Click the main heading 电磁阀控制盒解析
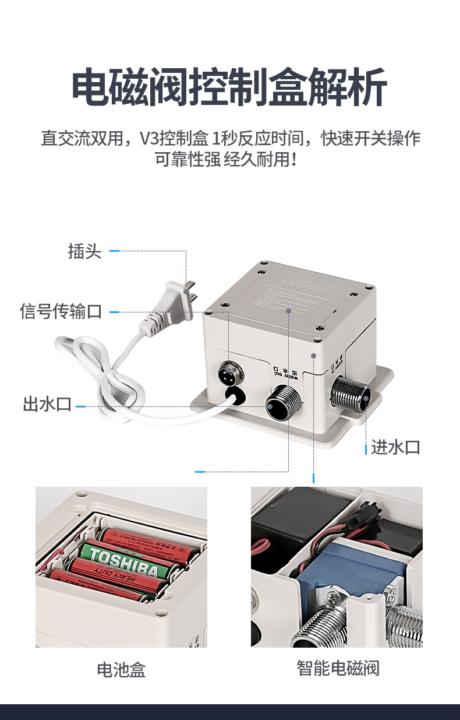click(x=229, y=88)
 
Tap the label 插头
click(x=84, y=252)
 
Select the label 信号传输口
click(x=61, y=311)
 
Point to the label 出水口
click(x=47, y=404)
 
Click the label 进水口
click(x=396, y=447)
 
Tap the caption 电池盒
click(x=121, y=669)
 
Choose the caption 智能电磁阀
click(x=338, y=668)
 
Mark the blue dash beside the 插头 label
click(x=115, y=251)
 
